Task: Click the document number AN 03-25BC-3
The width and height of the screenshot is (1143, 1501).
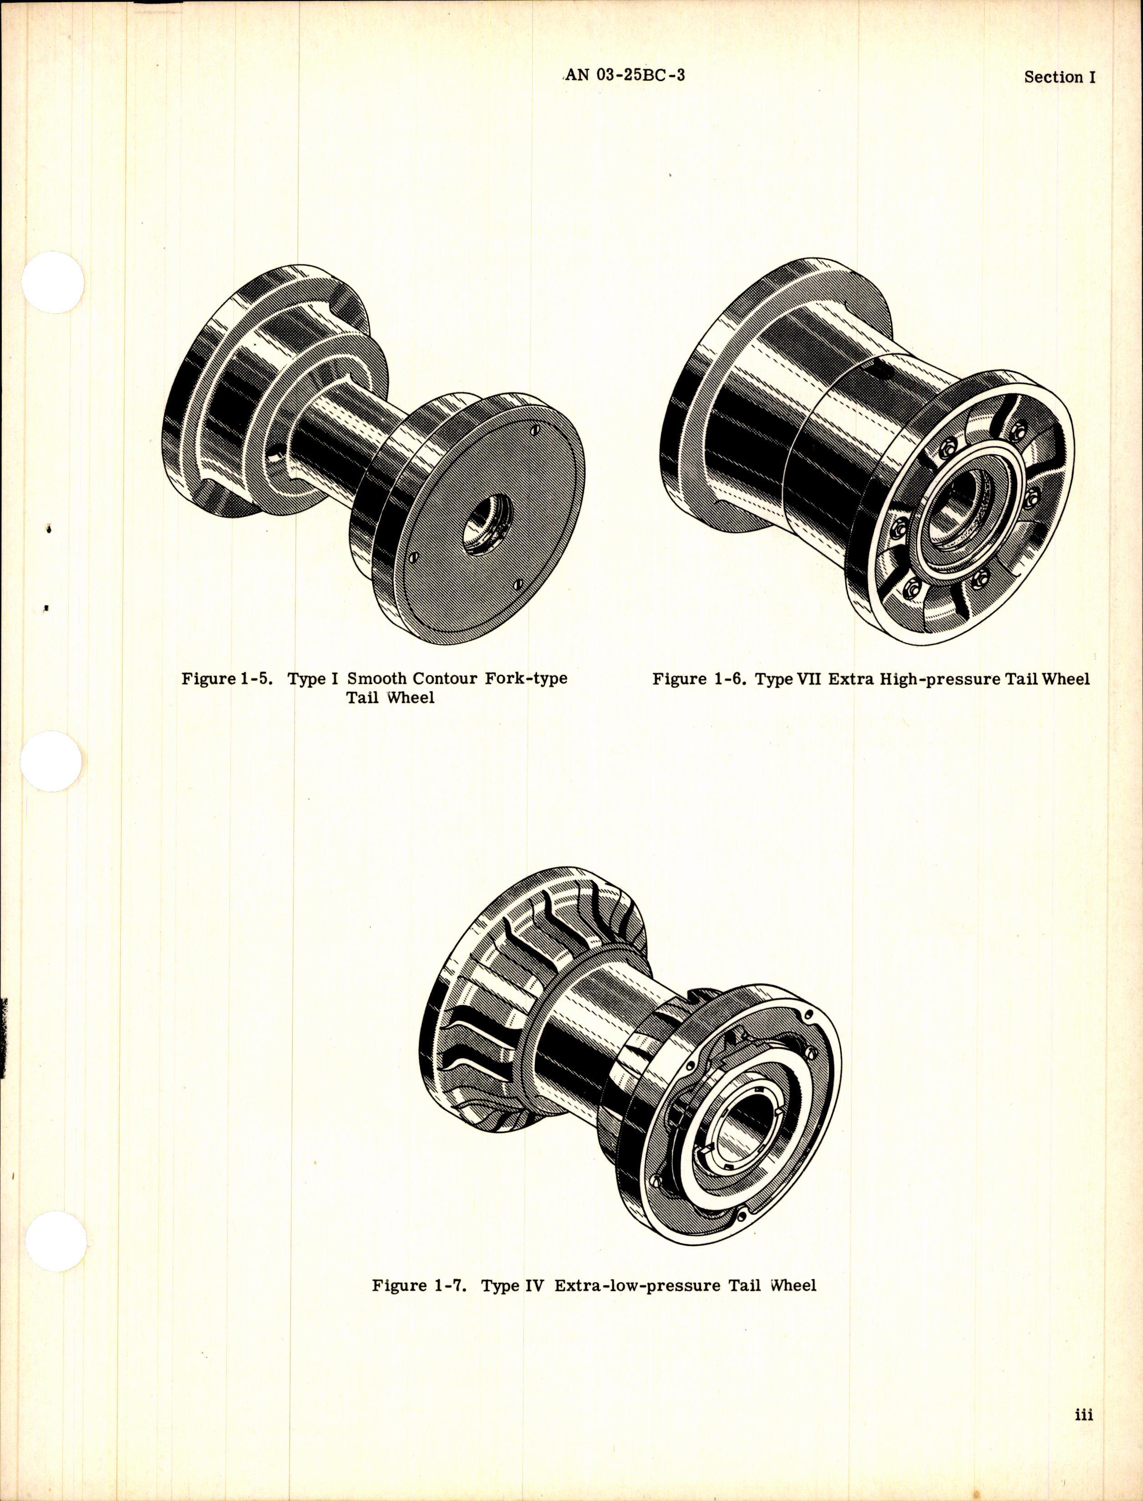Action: coord(624,95)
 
